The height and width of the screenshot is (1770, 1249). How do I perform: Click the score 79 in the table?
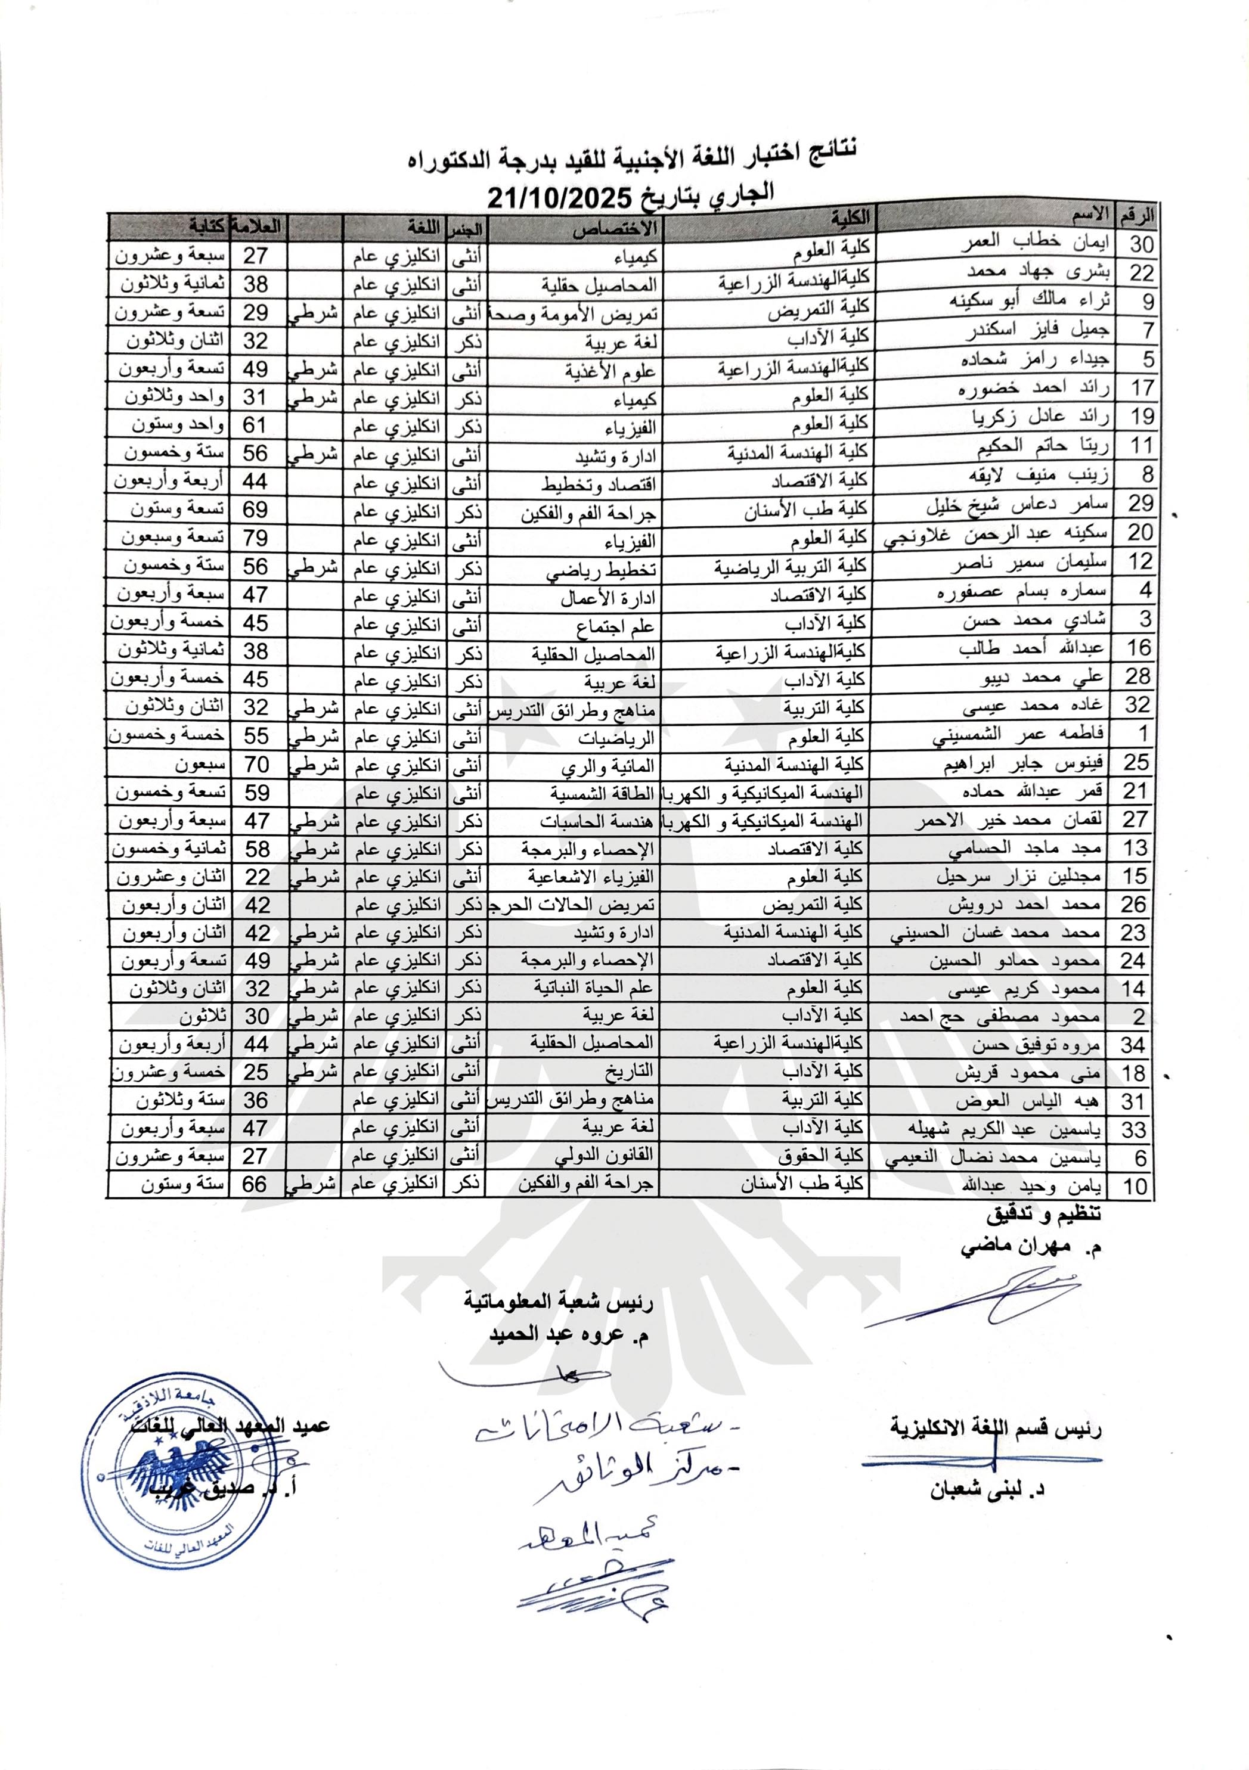(x=255, y=538)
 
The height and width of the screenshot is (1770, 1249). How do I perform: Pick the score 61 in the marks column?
(x=255, y=425)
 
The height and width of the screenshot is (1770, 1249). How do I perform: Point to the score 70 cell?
(x=256, y=765)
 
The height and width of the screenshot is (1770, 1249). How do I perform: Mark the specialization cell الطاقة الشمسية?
(x=602, y=793)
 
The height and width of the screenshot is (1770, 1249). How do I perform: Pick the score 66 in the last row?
(x=255, y=1185)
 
